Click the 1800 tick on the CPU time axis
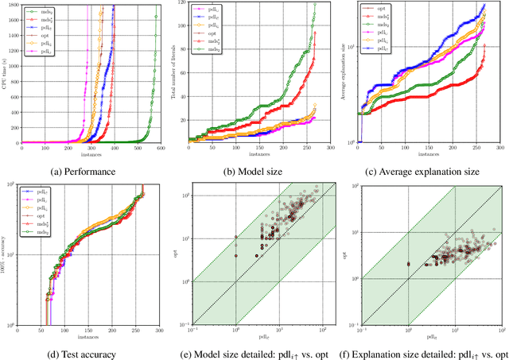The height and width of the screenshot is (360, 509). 13,5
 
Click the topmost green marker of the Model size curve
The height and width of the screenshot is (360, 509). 314,5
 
